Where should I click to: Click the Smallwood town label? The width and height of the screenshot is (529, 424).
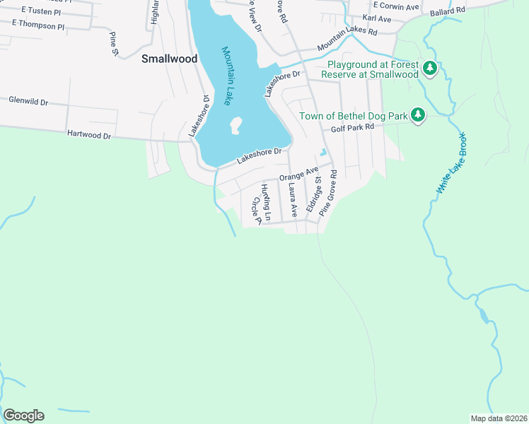click(169, 59)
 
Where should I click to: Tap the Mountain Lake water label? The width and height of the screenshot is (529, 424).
click(227, 76)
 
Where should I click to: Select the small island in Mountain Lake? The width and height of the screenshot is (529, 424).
click(236, 126)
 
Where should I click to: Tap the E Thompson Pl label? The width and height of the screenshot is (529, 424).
click(38, 25)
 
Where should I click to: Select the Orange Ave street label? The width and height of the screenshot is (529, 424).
click(298, 174)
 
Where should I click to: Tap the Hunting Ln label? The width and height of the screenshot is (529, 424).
click(267, 198)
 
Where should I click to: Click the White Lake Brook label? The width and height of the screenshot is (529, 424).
click(451, 163)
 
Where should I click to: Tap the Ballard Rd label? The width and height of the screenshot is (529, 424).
click(450, 11)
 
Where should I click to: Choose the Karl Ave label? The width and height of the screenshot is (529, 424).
click(376, 17)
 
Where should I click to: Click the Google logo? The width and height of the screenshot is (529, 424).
click(23, 416)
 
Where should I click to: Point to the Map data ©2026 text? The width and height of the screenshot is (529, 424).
click(498, 418)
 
